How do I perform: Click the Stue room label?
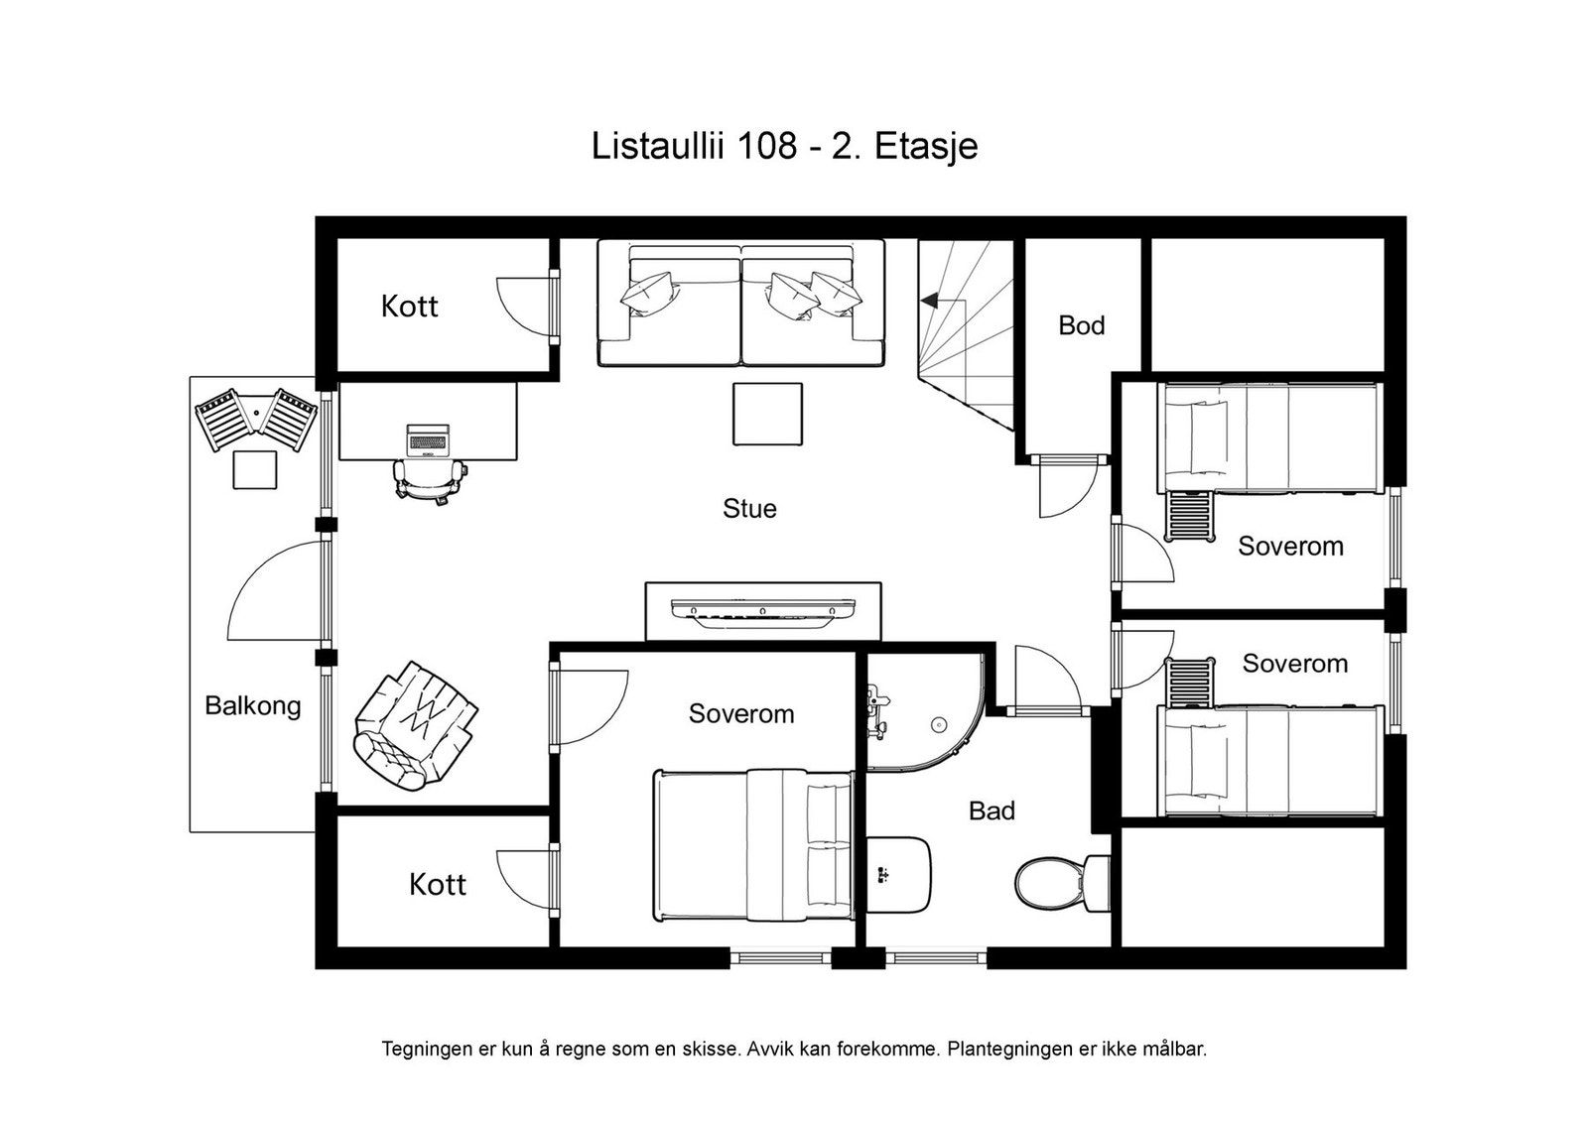(749, 509)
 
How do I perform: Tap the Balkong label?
(252, 706)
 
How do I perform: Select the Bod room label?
(1081, 325)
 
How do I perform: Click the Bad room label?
(992, 811)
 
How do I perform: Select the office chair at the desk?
(430, 480)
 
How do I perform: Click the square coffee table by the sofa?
(767, 414)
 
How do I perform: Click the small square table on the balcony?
(255, 469)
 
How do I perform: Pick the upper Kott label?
(409, 307)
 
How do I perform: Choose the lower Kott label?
(437, 884)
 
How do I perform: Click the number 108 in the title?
(766, 146)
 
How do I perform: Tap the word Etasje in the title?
(926, 146)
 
